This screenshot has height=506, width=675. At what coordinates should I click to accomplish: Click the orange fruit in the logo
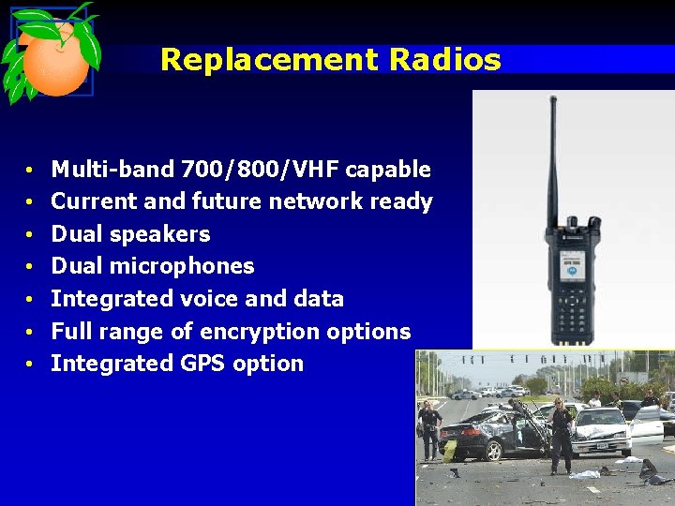(x=55, y=61)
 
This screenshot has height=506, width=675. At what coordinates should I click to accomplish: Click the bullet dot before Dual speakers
(x=31, y=235)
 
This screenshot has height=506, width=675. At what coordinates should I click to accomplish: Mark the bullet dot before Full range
(x=31, y=333)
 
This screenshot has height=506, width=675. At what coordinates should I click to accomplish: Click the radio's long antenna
(x=552, y=159)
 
